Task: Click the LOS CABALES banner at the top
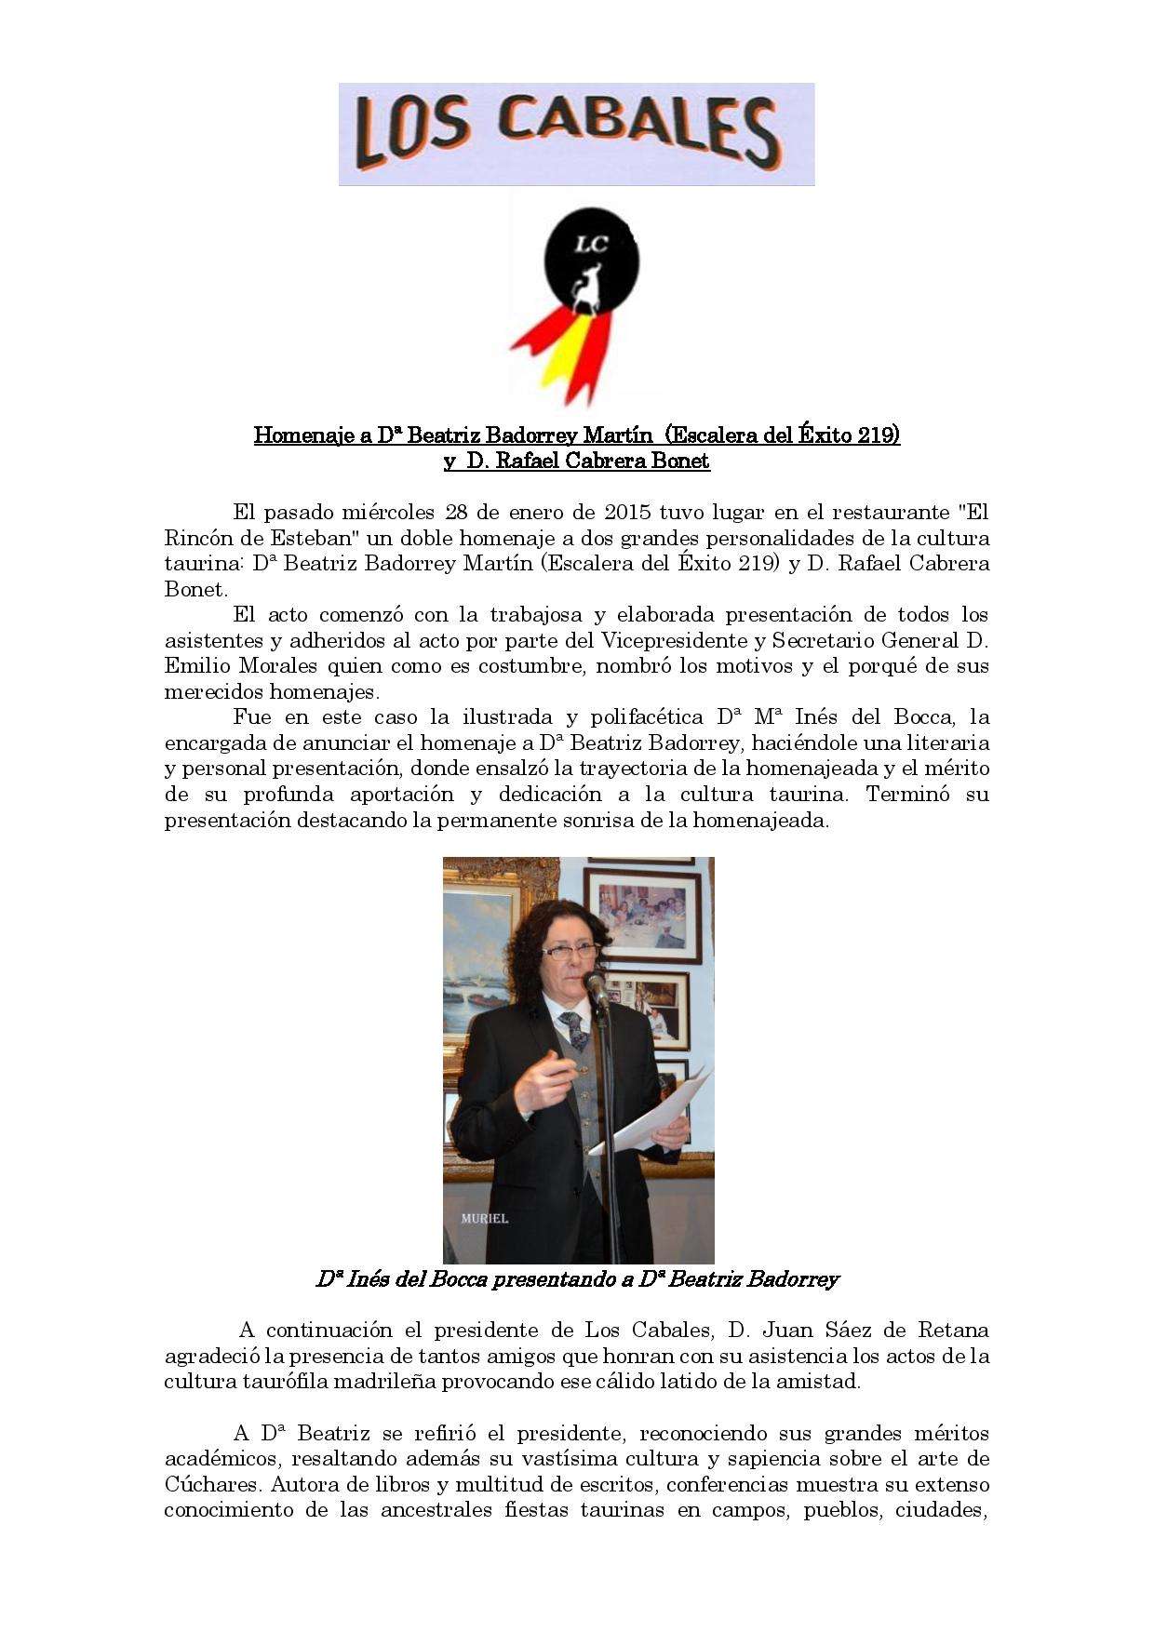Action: [x=576, y=134]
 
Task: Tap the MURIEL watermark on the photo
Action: [x=484, y=1218]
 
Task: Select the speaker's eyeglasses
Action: [x=568, y=951]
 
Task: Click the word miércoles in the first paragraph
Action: [x=388, y=512]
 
